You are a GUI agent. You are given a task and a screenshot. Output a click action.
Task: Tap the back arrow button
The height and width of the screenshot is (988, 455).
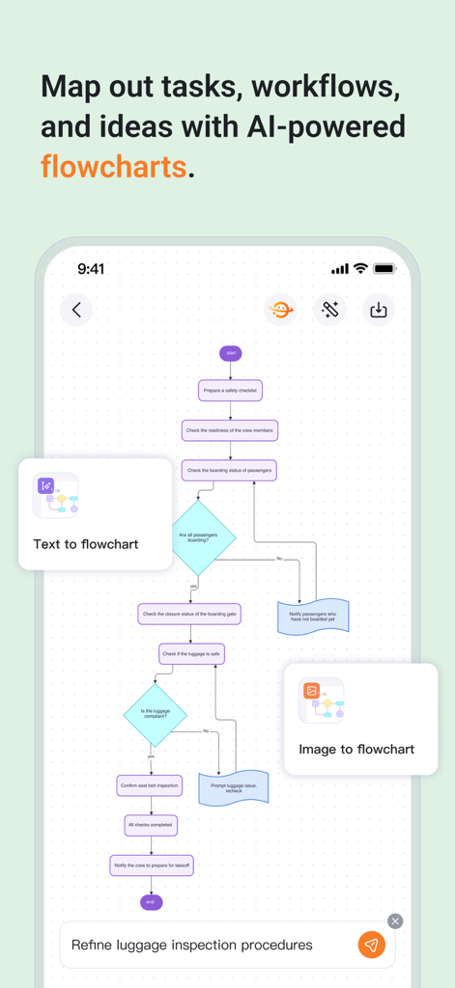tap(76, 310)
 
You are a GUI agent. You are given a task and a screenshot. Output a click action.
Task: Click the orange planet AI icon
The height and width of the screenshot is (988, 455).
tap(281, 310)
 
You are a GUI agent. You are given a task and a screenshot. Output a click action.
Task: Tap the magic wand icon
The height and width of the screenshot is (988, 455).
tap(330, 310)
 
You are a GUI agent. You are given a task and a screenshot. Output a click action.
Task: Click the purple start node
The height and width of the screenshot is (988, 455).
tap(230, 353)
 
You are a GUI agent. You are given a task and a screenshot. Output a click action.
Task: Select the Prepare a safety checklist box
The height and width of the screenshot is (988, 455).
tap(230, 390)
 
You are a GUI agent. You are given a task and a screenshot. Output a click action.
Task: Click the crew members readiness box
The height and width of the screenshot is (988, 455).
tap(230, 430)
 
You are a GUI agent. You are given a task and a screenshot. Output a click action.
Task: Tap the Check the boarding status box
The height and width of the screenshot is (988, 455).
tap(230, 470)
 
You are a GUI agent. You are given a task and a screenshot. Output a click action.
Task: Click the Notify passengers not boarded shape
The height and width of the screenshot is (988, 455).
tap(313, 617)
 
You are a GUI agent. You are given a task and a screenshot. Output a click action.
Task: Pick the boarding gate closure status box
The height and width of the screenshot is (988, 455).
tap(190, 614)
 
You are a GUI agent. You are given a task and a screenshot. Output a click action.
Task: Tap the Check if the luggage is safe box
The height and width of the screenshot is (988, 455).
tap(191, 653)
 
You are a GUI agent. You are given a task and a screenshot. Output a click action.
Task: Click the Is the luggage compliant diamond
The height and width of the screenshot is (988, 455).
tap(156, 714)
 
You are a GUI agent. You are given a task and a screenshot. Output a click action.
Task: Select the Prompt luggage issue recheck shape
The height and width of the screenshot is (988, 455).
tap(233, 787)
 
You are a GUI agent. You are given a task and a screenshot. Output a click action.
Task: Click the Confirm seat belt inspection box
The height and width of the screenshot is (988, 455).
tap(150, 785)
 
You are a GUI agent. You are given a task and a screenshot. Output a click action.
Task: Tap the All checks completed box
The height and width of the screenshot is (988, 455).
tap(151, 825)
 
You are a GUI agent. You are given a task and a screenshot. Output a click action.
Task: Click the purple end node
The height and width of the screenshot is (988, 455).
tap(151, 902)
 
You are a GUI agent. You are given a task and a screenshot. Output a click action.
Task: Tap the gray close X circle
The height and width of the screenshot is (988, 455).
tap(395, 921)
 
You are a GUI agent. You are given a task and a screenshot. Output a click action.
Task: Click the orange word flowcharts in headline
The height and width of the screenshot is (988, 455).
tap(113, 166)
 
